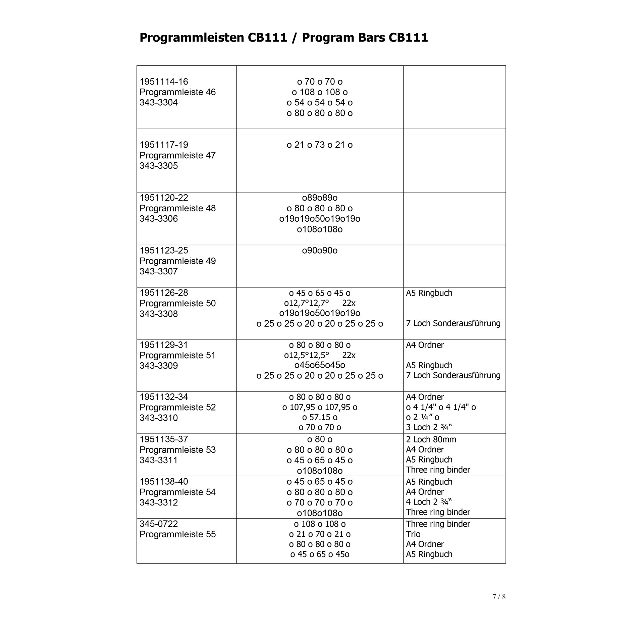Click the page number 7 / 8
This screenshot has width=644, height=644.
coord(499,597)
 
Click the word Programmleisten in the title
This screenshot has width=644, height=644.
coord(192,38)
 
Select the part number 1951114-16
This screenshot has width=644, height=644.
coord(164,82)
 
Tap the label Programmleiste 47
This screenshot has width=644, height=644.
coord(177,155)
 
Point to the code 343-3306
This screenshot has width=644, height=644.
coord(159,219)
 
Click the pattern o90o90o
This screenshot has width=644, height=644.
coord(320,251)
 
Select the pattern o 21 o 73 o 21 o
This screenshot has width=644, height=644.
coord(320,145)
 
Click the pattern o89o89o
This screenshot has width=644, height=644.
coord(320,198)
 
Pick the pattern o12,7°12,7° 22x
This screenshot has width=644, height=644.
coord(320,303)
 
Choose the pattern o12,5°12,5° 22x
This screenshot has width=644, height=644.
coord(320,355)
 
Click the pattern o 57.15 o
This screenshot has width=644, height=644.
coord(320,417)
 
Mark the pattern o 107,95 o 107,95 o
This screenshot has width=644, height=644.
coord(320,407)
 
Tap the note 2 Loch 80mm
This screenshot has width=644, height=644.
coord(431,439)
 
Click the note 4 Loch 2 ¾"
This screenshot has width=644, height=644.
coord(429,502)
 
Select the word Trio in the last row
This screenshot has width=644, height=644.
coord(413,534)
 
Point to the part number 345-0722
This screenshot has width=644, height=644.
coord(159,524)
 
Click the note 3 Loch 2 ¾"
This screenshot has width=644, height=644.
coord(429,427)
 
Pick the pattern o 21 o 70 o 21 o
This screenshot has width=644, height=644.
coord(320,534)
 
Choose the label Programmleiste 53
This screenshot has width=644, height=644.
coord(177,450)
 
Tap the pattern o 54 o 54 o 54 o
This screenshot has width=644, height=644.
coord(320,103)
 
